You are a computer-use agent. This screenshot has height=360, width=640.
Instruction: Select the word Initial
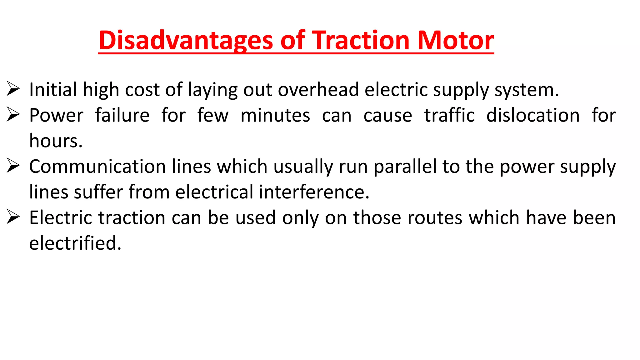(x=53, y=90)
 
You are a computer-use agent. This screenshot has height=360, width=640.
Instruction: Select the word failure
(x=122, y=115)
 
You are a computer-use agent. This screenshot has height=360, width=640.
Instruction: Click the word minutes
(x=275, y=115)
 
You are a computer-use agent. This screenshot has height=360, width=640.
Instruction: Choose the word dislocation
(x=533, y=115)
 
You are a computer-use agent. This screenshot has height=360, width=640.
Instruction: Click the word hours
(x=56, y=141)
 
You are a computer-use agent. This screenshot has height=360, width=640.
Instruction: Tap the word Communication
(x=97, y=167)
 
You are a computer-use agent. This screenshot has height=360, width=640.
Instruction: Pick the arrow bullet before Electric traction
(x=13, y=217)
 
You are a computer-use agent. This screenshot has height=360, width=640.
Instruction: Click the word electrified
(x=75, y=243)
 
